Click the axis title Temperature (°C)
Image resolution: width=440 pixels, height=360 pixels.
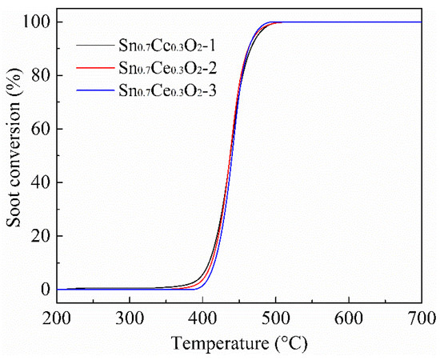238,344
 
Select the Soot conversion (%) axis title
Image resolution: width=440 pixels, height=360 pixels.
14,156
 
